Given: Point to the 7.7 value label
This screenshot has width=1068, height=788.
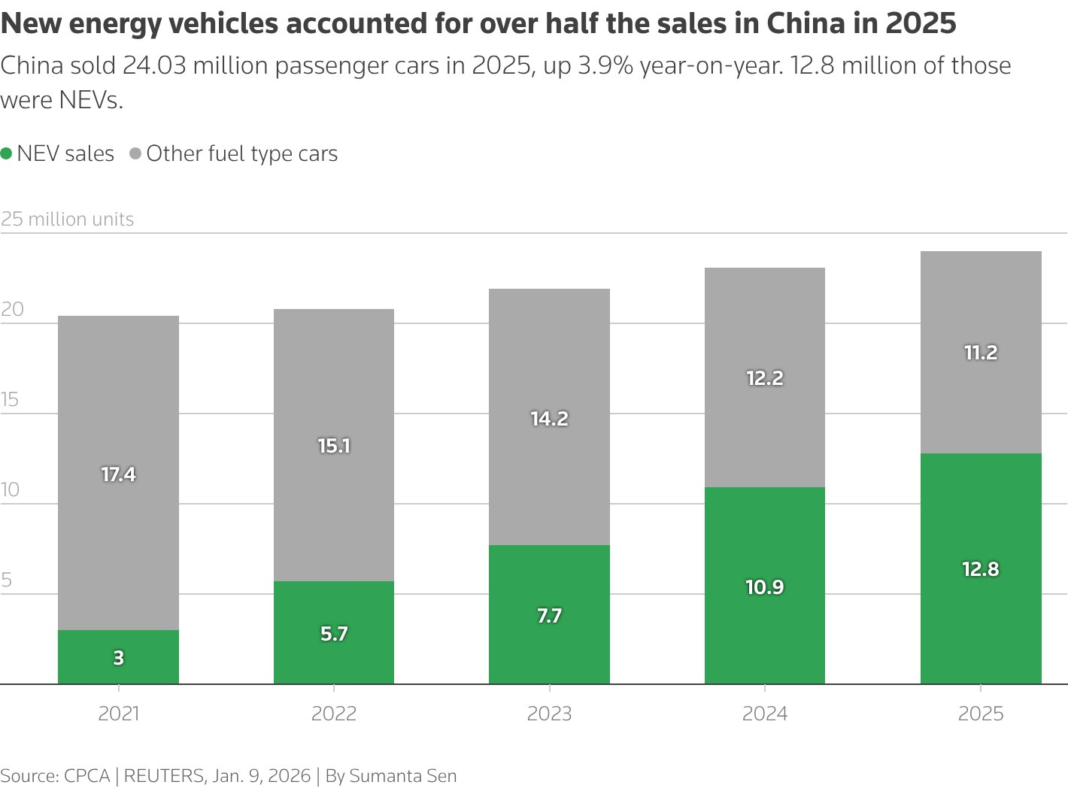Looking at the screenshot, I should [x=549, y=616].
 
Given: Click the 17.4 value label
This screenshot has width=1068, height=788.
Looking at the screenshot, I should [x=118, y=474].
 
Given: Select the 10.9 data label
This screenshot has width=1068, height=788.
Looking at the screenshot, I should [x=765, y=587].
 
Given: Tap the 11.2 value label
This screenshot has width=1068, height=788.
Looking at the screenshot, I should [x=981, y=353].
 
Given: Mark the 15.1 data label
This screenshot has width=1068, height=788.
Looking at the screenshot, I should [x=334, y=446].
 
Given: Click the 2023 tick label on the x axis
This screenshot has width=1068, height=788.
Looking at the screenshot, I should [x=549, y=714].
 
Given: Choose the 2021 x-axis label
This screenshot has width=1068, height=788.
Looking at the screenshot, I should [x=119, y=714].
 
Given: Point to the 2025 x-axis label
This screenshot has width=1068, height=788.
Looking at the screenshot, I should [x=981, y=714].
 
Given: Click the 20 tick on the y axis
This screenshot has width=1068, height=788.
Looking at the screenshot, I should [x=12, y=309].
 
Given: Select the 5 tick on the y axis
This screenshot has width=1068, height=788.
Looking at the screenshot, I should [x=7, y=580].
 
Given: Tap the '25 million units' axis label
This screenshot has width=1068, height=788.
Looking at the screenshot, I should [x=67, y=219].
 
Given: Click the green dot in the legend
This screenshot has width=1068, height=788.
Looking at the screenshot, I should [x=7, y=153].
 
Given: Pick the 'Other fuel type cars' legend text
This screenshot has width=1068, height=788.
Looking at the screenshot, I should [x=241, y=153].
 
